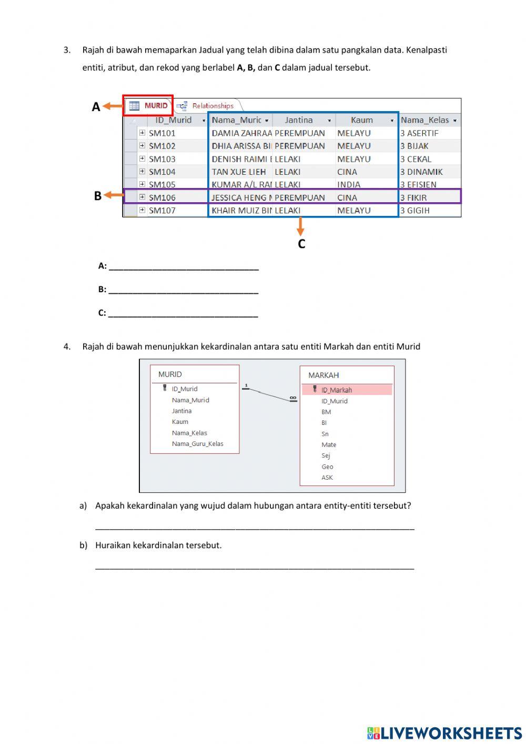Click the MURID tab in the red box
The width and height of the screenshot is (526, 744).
coord(149,106)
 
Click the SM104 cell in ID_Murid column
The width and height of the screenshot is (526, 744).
coord(162,172)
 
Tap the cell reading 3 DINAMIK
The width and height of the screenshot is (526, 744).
coord(421,172)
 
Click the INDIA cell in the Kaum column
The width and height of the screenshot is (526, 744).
coord(349,185)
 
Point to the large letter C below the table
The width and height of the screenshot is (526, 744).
coord(301,244)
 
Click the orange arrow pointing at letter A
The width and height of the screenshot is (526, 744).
coord(113,106)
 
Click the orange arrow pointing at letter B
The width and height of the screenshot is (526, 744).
coord(113,195)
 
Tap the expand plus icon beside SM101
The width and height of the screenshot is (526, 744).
coord(142,133)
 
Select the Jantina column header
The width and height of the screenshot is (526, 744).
coord(299,120)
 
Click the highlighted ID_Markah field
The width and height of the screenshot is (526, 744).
coord(337,390)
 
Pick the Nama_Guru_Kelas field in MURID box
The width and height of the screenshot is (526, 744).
coord(197,444)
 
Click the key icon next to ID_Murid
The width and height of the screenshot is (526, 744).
coord(165,388)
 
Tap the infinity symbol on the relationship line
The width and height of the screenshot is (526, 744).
coord(293,398)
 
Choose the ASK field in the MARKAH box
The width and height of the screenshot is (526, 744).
coord(327,478)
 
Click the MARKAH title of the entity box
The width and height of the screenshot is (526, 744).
coord(323,375)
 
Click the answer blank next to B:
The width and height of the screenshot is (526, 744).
coord(183,290)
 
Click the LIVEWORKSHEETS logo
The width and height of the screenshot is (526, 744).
coord(444,732)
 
